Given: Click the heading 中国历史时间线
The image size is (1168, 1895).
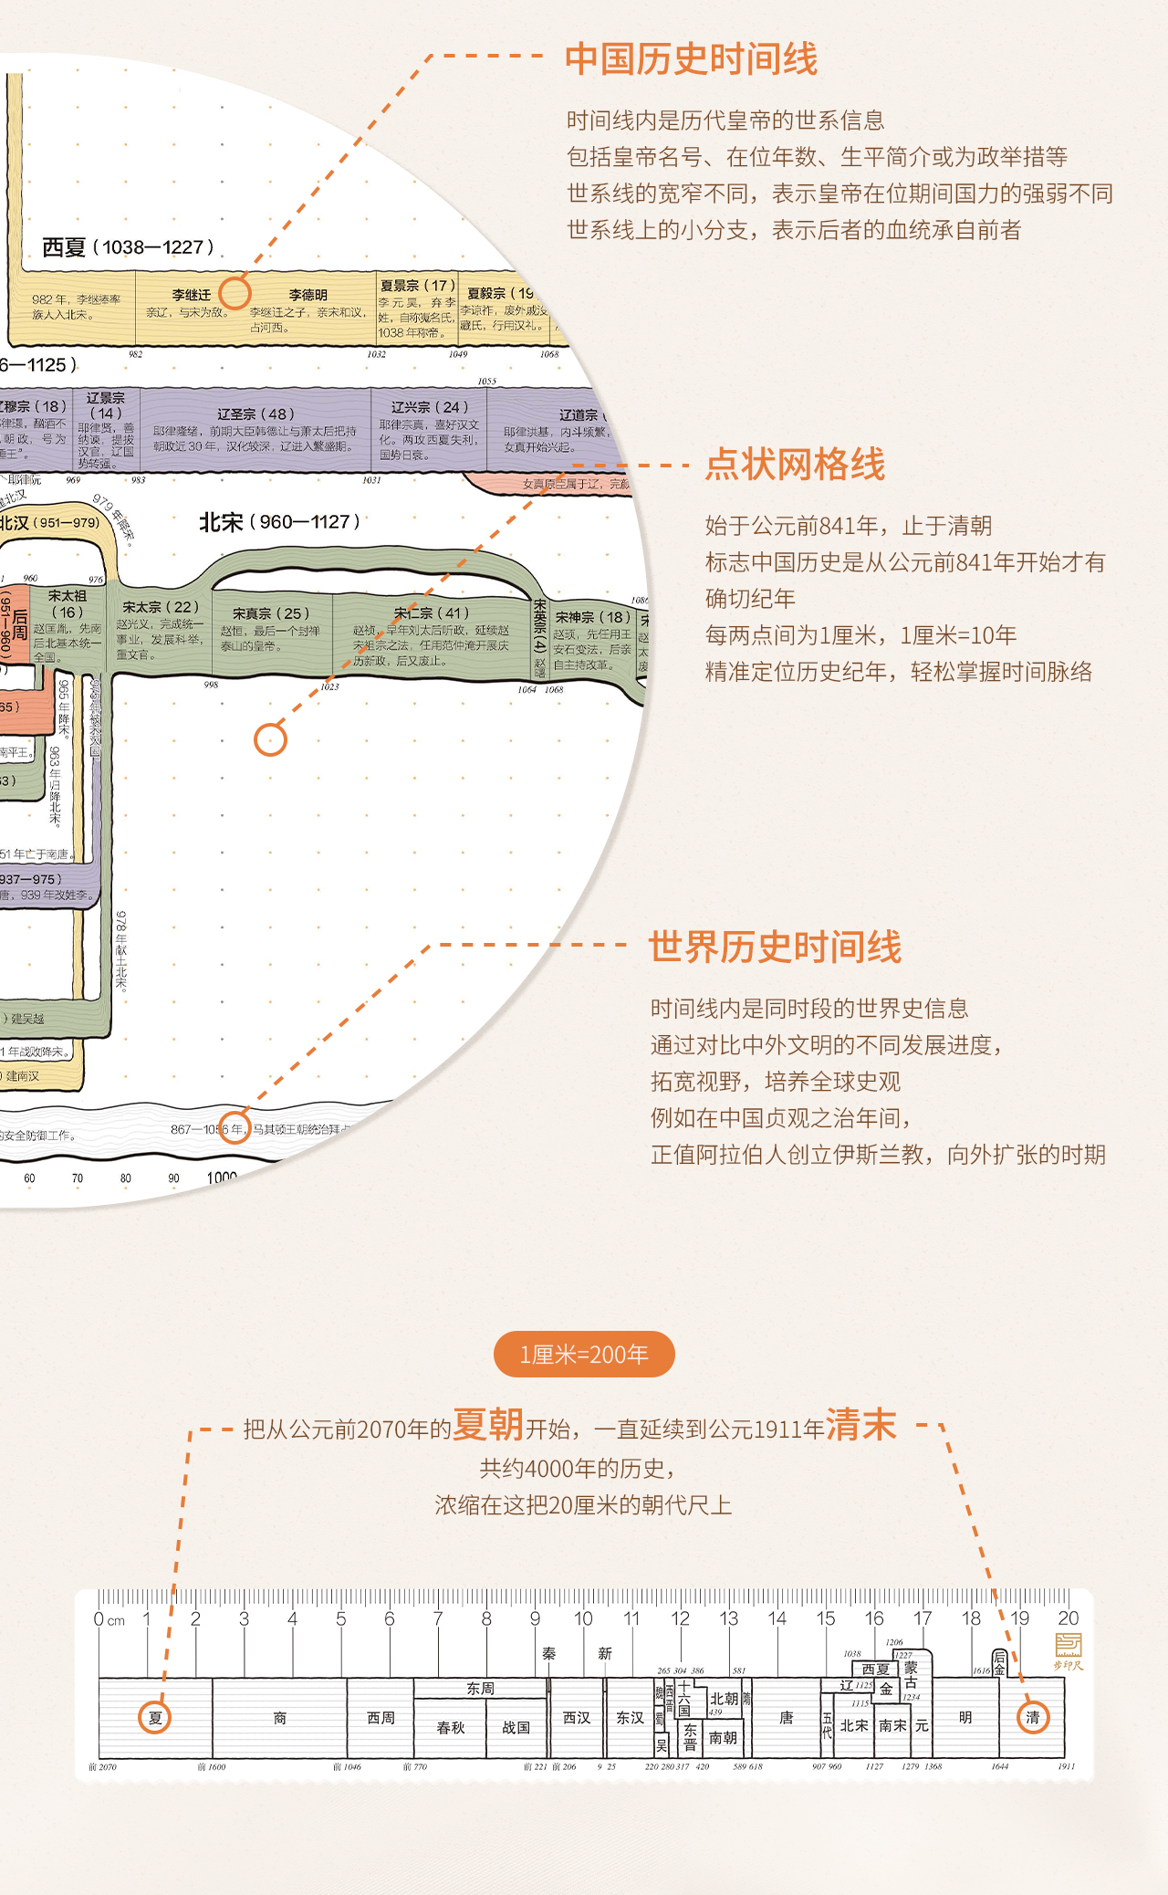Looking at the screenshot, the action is pyautogui.click(x=691, y=59).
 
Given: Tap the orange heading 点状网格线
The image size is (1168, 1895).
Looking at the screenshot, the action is pyautogui.click(x=795, y=465).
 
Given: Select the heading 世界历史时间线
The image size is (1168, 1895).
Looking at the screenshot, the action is pyautogui.click(x=775, y=947).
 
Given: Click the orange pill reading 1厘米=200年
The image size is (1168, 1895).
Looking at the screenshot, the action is pyautogui.click(x=584, y=1355).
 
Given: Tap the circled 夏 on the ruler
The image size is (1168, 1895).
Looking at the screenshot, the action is pyautogui.click(x=155, y=1718).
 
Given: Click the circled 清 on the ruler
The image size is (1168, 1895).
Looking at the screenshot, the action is pyautogui.click(x=1033, y=1718).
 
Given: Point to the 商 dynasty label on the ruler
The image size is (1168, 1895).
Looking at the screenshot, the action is pyautogui.click(x=280, y=1718).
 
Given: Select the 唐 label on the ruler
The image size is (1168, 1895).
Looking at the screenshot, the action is pyautogui.click(x=787, y=1718).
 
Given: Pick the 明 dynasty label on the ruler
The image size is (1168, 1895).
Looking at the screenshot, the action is pyautogui.click(x=965, y=1718).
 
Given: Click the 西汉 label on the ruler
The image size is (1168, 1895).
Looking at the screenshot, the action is pyautogui.click(x=577, y=1718).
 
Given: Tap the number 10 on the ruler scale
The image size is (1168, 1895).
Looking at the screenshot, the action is pyautogui.click(x=583, y=1618).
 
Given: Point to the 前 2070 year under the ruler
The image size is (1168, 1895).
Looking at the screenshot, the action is pyautogui.click(x=103, y=1767).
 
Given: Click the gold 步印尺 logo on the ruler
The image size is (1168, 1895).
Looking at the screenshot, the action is pyautogui.click(x=1068, y=1651).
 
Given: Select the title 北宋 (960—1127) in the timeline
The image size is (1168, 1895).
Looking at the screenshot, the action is pyautogui.click(x=279, y=522).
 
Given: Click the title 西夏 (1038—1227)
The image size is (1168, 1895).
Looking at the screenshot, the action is pyautogui.click(x=128, y=247).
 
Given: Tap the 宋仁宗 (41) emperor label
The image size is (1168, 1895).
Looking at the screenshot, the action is pyautogui.click(x=432, y=613).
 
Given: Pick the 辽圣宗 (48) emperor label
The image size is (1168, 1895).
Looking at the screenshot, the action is pyautogui.click(x=255, y=414).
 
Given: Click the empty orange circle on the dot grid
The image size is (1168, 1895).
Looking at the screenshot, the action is pyautogui.click(x=270, y=739).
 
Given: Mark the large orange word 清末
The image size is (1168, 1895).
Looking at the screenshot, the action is pyautogui.click(x=861, y=1425).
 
